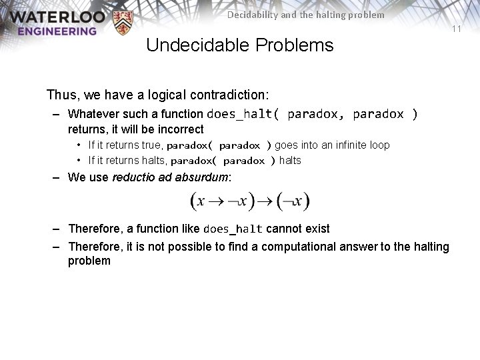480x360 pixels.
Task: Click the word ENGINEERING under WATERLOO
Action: coord(57,31)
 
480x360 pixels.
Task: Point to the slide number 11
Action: coord(457,29)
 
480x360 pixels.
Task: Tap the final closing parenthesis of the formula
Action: coord(306,201)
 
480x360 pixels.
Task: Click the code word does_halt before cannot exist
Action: coord(233,229)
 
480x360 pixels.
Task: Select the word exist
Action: coord(318,229)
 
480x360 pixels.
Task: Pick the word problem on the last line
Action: coord(89,261)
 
